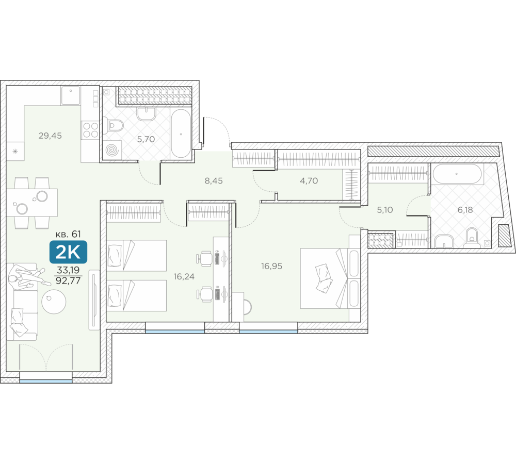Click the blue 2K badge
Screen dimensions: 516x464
(x=68, y=252)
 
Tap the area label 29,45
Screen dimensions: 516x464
(x=50, y=136)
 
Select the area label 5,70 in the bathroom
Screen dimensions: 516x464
(x=146, y=139)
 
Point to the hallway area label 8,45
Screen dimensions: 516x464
(x=214, y=180)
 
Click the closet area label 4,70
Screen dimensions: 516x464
(x=309, y=180)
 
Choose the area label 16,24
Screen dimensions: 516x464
(x=184, y=276)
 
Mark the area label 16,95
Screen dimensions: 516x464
(x=272, y=266)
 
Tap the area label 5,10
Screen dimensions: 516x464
(x=385, y=210)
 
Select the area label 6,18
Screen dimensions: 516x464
(x=465, y=210)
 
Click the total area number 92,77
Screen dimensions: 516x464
(x=68, y=281)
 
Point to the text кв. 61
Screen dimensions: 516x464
(x=68, y=234)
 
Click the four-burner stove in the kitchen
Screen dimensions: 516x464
(x=90, y=129)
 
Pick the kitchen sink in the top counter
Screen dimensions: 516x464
(x=70, y=95)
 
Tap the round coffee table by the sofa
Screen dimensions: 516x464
(x=54, y=301)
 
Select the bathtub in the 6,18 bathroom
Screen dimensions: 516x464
(x=457, y=174)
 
